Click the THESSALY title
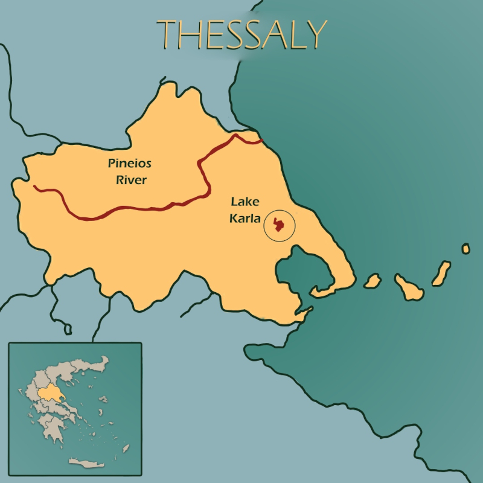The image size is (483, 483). point(241,34)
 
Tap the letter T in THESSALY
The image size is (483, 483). point(168,35)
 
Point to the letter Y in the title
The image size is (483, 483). point(315,34)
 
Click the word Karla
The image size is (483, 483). point(245,218)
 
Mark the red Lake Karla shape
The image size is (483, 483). point(279,225)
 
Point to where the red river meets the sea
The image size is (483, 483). point(261,141)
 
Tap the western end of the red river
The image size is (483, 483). point(35,187)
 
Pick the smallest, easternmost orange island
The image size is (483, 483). point(465,249)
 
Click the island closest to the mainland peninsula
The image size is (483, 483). point(373,281)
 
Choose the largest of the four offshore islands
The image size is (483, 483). point(408,287)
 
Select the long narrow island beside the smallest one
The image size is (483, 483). point(441,273)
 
